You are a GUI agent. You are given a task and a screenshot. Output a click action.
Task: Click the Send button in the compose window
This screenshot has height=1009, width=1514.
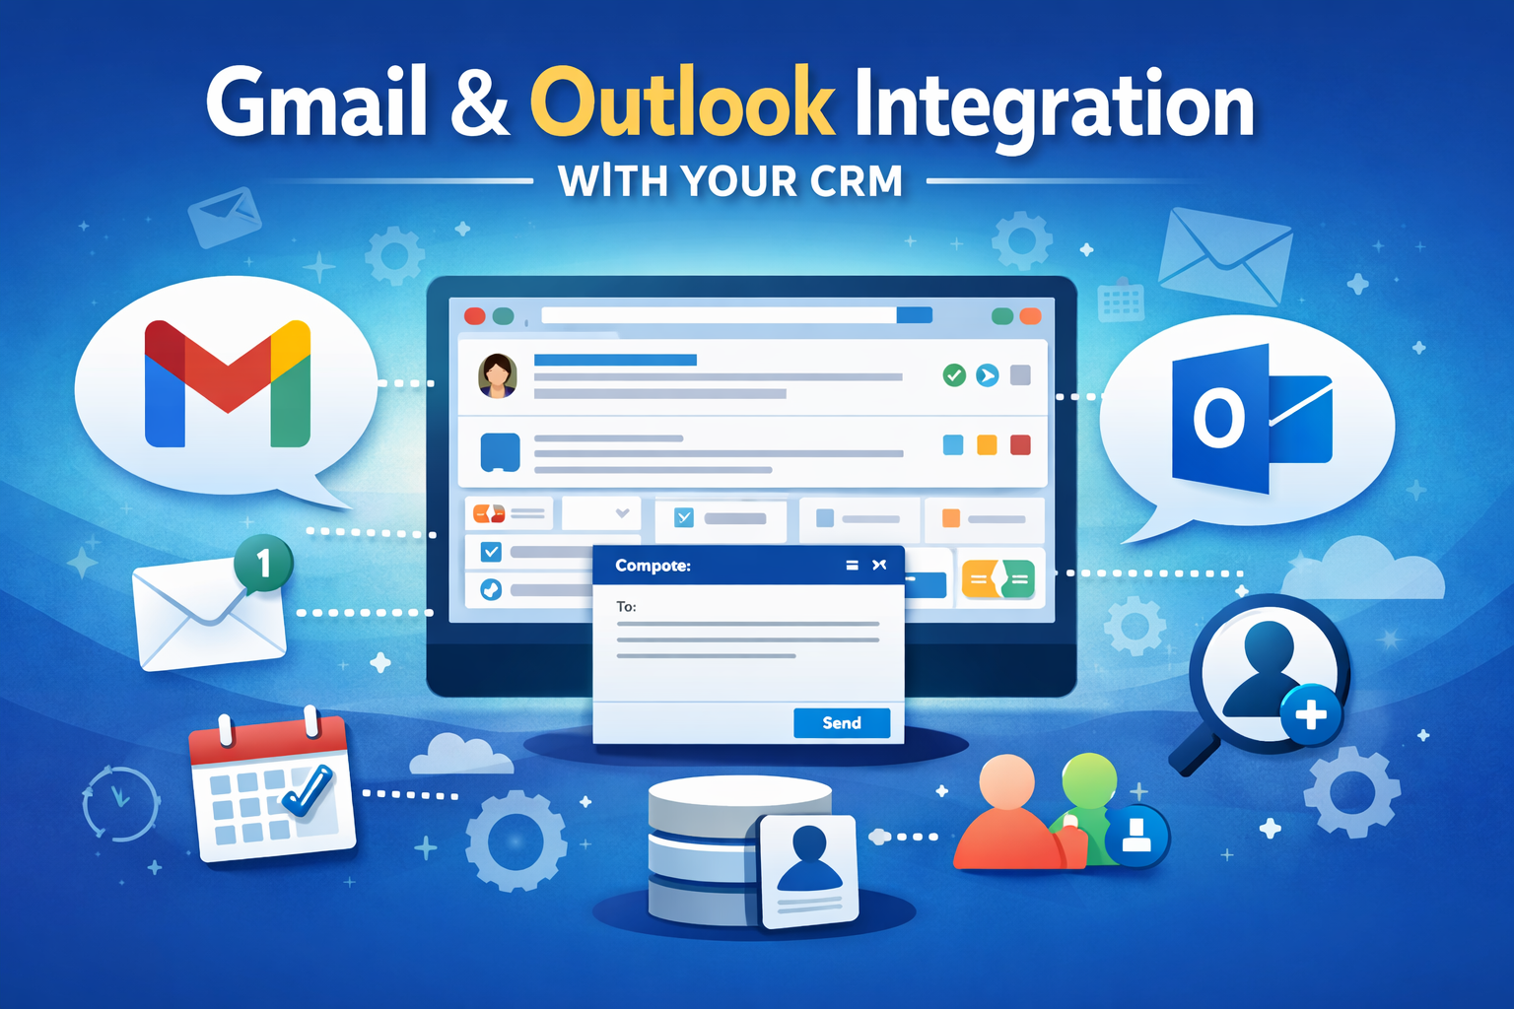pos(842,723)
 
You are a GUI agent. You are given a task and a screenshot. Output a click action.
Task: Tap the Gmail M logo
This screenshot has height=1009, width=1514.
pos(228,383)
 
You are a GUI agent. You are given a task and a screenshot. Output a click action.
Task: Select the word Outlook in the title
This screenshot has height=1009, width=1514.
pos(682,103)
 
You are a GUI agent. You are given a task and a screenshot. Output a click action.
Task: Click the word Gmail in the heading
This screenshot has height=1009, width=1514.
pos(316,103)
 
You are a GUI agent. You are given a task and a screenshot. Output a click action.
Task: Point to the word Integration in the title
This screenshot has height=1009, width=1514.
pos(1054,106)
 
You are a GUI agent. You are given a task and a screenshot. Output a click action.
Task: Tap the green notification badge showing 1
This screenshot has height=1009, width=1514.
pos(263,564)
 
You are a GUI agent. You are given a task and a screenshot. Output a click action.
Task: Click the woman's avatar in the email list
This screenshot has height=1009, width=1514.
pos(498,375)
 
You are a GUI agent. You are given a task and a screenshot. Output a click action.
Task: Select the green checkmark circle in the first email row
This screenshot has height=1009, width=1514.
pos(954,374)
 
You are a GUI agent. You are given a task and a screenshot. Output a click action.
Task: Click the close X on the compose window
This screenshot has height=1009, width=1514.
pos(879,565)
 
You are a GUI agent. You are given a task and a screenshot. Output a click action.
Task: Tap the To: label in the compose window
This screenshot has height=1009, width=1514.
pos(626,607)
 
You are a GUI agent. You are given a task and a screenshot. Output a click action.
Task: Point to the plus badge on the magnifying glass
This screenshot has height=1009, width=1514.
pos(1310,714)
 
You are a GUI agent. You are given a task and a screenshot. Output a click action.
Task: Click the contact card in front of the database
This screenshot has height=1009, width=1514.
pos(809,871)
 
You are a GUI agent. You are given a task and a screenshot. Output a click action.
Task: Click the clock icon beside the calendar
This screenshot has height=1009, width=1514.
pos(120,802)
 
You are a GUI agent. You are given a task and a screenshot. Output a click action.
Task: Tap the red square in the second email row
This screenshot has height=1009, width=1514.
pos(1020,445)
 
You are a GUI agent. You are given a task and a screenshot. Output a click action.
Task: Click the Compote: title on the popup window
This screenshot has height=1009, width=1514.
pos(653,566)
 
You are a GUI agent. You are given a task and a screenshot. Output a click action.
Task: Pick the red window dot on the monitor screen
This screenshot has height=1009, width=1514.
pos(474,316)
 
